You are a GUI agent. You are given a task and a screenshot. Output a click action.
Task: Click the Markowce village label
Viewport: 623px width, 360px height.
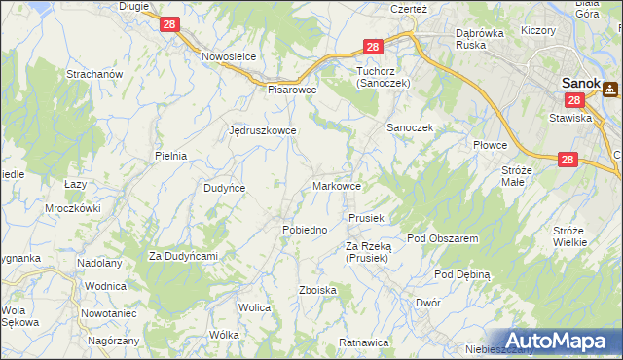[x=338, y=185]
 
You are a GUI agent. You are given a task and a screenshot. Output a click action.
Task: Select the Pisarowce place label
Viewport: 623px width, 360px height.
[x=293, y=88]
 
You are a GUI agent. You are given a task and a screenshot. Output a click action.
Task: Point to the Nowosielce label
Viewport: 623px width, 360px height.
[x=229, y=56]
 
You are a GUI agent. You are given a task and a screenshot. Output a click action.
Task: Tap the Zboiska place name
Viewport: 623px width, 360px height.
[x=318, y=290]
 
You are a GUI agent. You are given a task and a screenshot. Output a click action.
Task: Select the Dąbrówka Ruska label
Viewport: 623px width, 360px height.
[x=484, y=38]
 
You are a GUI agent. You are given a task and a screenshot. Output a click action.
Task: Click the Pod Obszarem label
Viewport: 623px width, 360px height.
[x=442, y=238]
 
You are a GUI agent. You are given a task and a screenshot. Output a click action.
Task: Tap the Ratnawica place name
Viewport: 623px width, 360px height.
[x=363, y=343]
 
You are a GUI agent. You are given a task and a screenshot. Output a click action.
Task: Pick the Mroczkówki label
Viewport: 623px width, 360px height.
[x=73, y=208]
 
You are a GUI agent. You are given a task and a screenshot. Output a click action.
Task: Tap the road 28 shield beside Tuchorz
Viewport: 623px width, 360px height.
[x=373, y=47]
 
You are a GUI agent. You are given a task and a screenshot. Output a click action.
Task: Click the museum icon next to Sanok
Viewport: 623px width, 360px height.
[x=611, y=90]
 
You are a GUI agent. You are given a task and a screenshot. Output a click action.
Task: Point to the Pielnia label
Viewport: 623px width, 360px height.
[x=170, y=155]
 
